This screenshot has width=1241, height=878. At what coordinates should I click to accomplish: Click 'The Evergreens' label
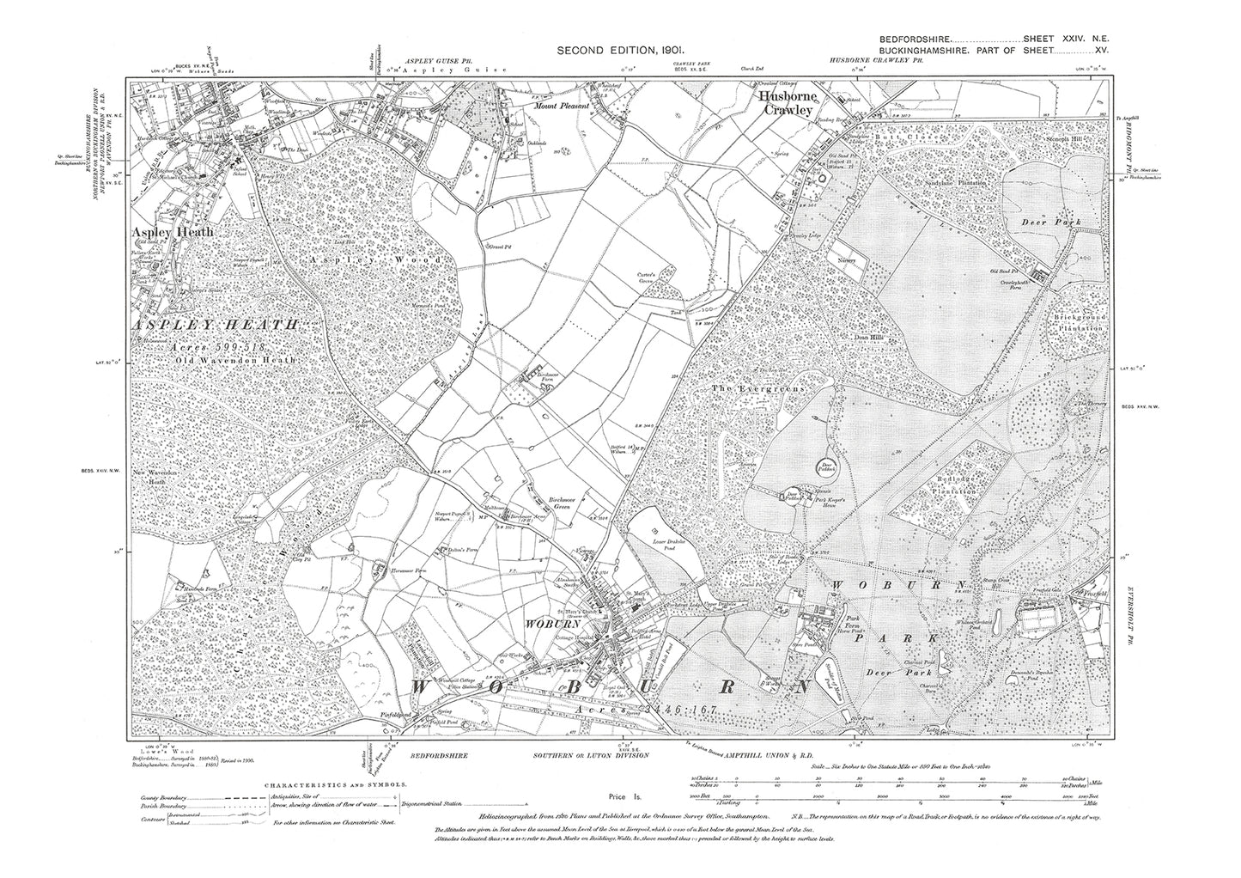click(756, 389)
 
